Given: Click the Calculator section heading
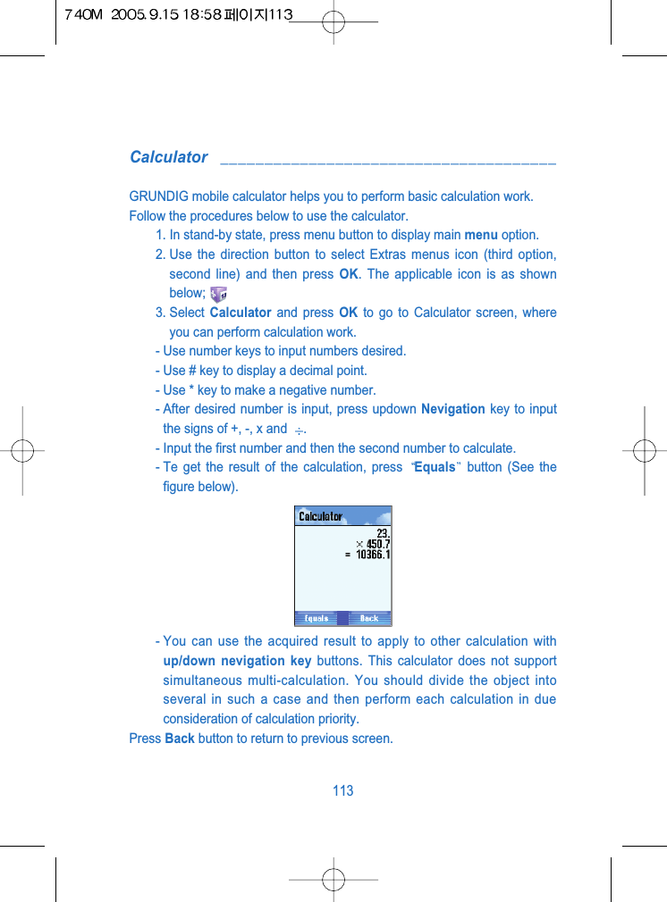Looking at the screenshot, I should click(168, 157).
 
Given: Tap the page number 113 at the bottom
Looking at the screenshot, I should click(342, 790).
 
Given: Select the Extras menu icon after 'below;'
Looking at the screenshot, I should click(217, 293).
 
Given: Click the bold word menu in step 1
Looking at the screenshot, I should click(481, 236).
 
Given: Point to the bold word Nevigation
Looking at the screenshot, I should click(452, 409).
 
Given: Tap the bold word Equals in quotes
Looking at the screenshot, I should click(435, 467).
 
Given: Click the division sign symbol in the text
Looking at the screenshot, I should click(299, 430).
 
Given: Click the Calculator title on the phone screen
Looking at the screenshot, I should click(320, 516).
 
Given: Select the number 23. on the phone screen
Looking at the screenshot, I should click(382, 533).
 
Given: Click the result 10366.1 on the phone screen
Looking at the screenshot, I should click(373, 555).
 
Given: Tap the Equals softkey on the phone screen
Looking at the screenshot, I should click(317, 618).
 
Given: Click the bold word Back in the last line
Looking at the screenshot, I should click(180, 739).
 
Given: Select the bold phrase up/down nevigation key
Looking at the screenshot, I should click(237, 661).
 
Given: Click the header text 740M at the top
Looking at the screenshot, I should click(83, 16).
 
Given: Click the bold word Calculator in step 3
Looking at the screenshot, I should click(240, 313).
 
